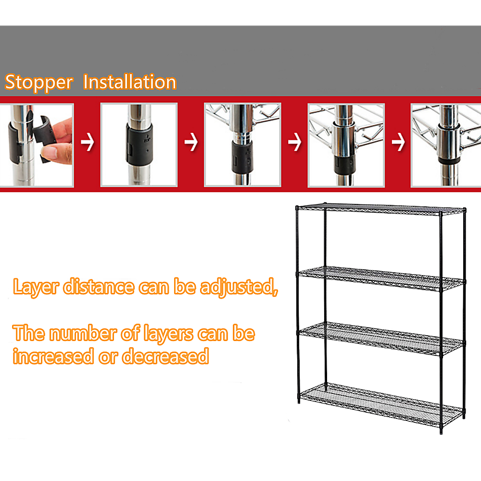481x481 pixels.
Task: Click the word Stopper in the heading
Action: [38, 83]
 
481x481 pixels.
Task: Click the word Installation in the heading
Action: [130, 82]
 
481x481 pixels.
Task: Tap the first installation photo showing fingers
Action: [37, 145]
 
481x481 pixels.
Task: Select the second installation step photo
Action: [139, 145]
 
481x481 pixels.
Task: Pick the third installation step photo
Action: [242, 145]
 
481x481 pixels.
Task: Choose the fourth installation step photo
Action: [346, 145]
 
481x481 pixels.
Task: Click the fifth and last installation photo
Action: [445, 145]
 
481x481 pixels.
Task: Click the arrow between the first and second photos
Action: [87, 143]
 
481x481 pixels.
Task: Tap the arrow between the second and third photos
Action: [191, 143]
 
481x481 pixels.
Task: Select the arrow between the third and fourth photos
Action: [294, 143]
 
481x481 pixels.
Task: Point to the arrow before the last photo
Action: [398, 143]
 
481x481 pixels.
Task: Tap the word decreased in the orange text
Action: [165, 356]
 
